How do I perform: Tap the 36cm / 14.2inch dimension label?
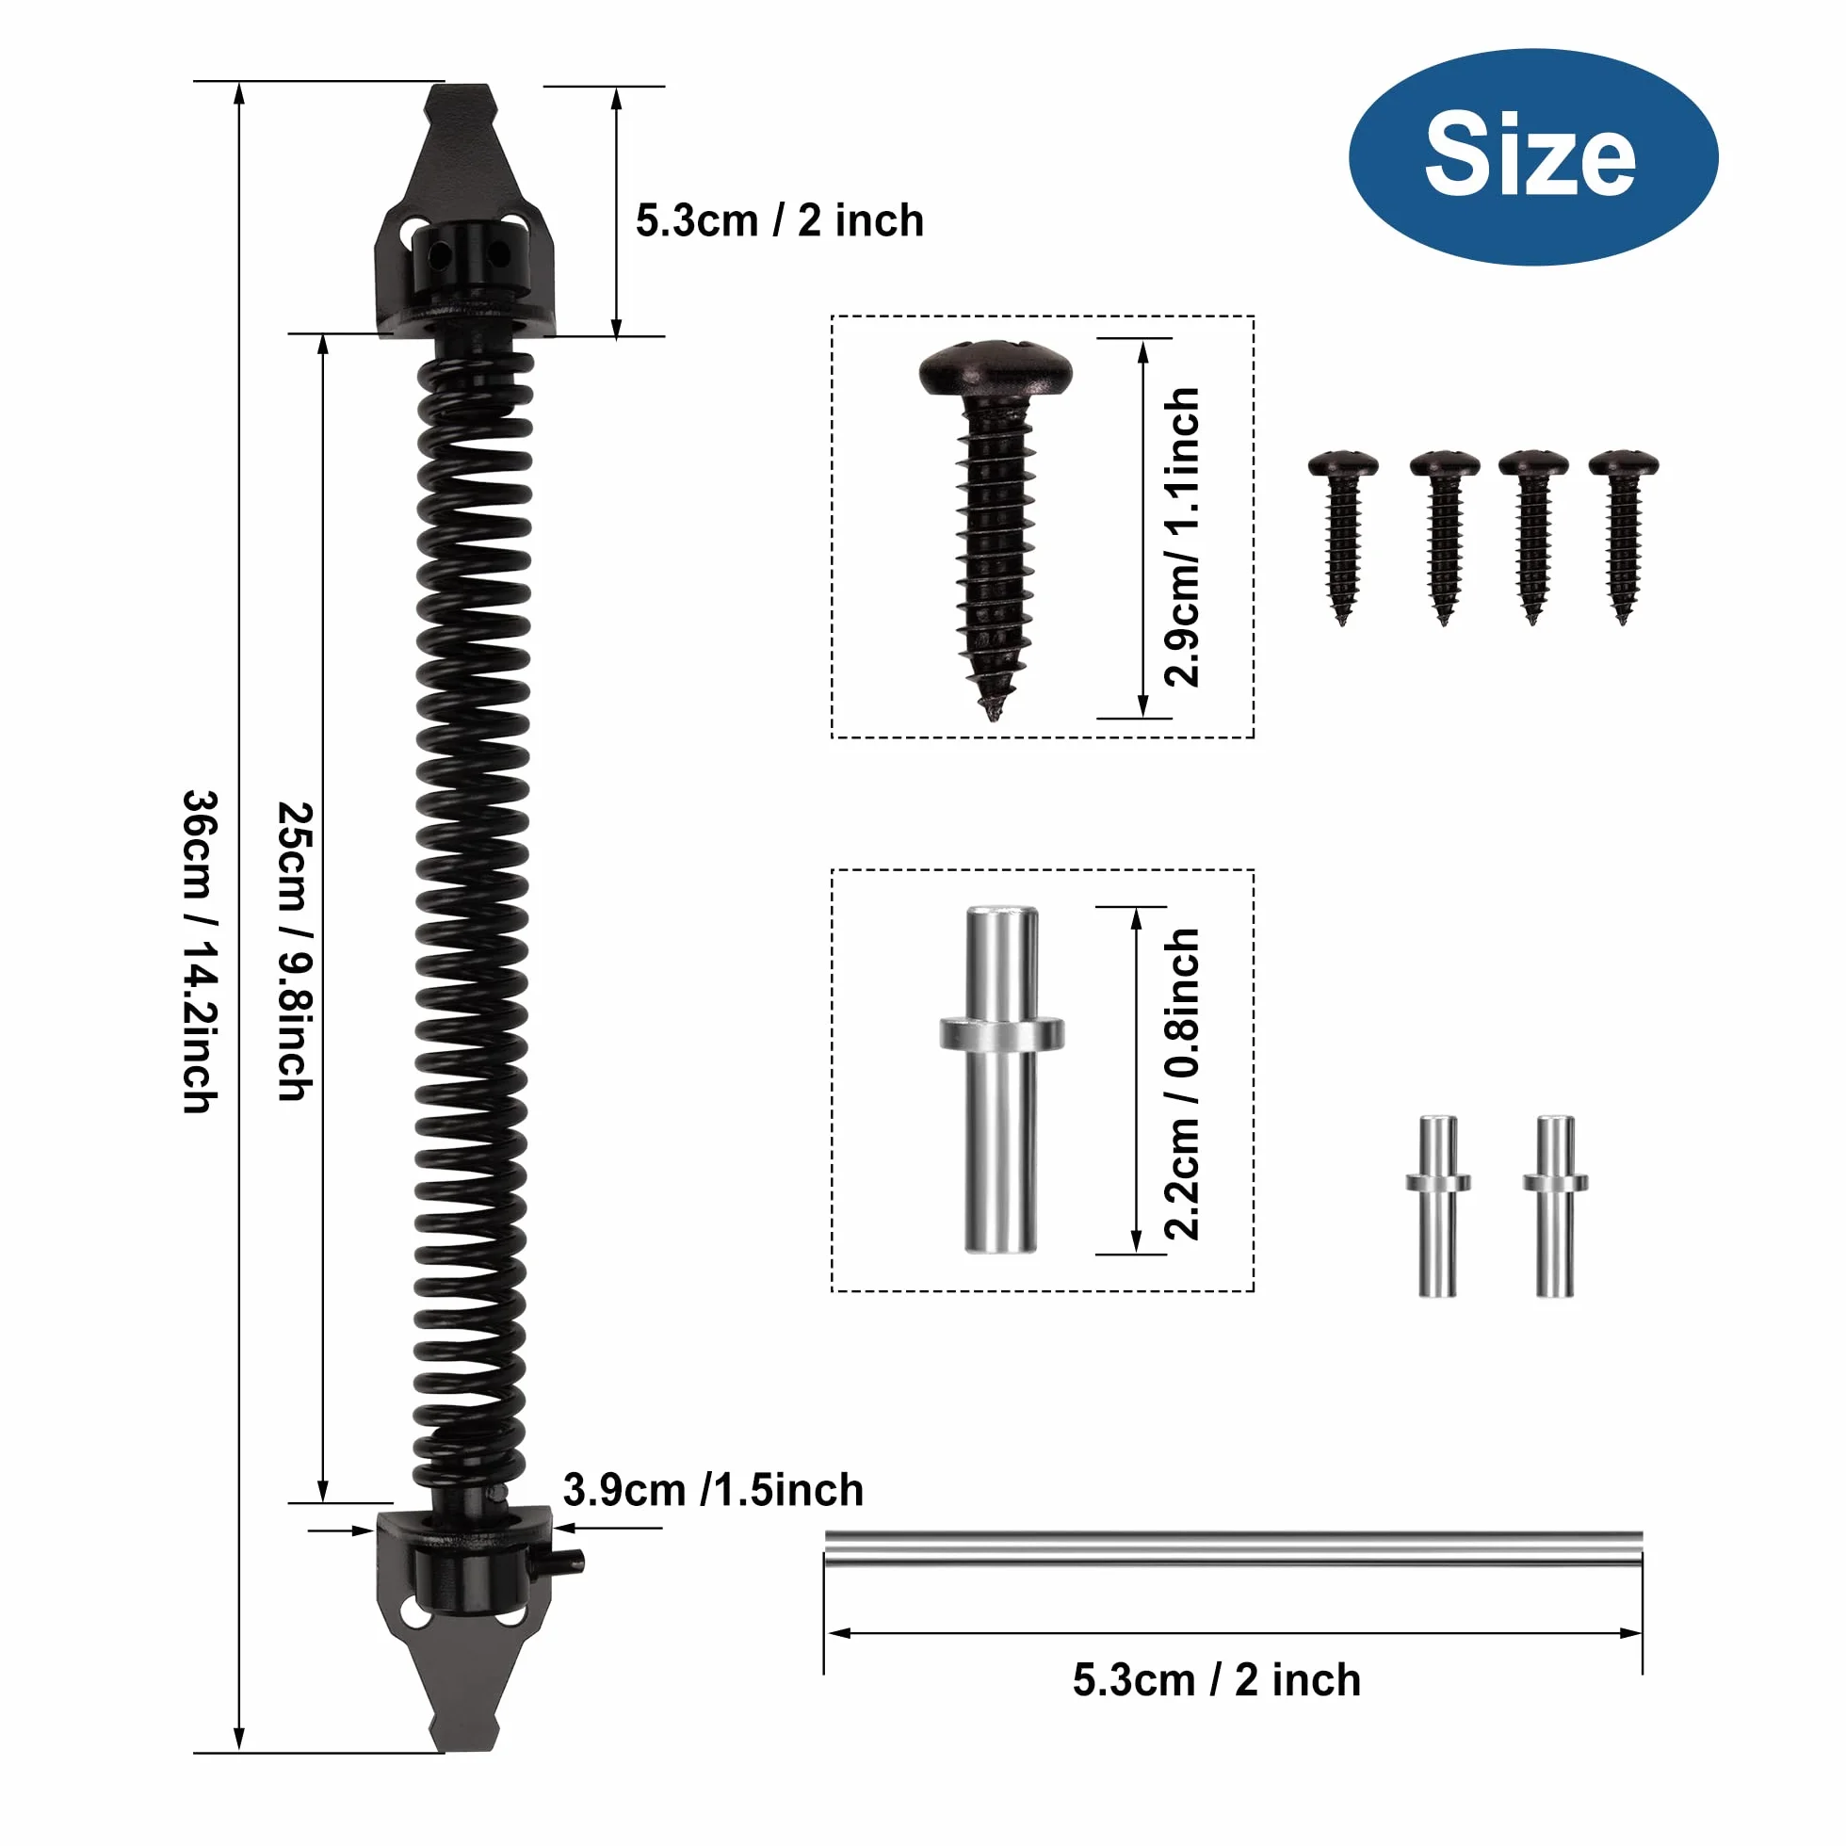pyautogui.click(x=201, y=951)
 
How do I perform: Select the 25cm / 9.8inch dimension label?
pyautogui.click(x=295, y=951)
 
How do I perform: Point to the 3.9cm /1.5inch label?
pyautogui.click(x=713, y=1490)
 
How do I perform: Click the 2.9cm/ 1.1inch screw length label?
pyautogui.click(x=1182, y=537)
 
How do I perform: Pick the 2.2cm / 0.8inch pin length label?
pyautogui.click(x=1182, y=1084)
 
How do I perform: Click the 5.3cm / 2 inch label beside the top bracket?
pyautogui.click(x=780, y=220)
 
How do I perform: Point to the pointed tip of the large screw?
pyautogui.click(x=992, y=714)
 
